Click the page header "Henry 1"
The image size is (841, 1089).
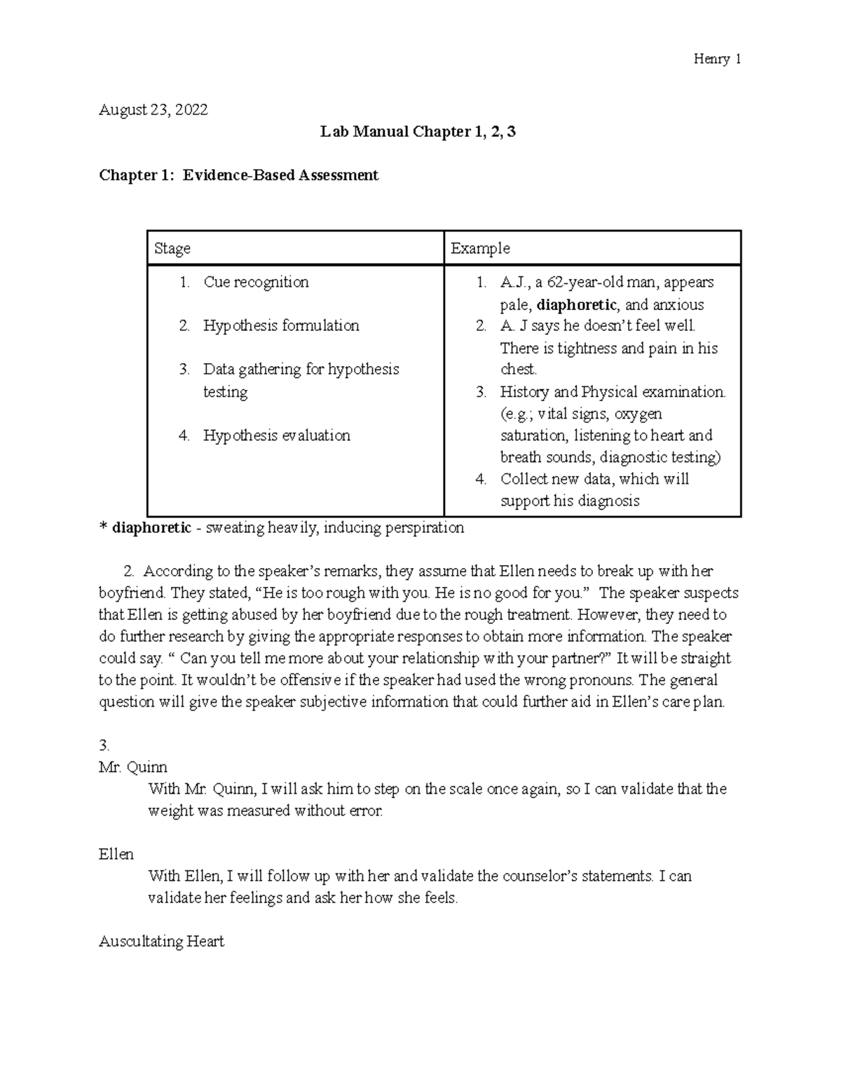[717, 59]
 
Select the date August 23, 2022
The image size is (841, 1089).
[153, 109]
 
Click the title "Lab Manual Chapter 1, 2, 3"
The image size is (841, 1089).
[418, 132]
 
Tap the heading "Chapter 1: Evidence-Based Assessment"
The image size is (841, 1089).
[238, 175]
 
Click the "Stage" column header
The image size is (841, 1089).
[172, 248]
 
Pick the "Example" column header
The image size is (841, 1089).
[480, 248]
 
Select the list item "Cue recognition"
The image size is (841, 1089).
[256, 282]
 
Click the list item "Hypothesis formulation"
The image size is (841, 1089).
[281, 325]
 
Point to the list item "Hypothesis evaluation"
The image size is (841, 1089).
[276, 435]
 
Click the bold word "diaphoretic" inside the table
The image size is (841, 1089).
[576, 304]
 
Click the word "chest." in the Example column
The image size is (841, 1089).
[519, 370]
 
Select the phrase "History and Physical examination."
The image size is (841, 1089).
[613, 391]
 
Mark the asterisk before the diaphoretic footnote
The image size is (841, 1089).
[102, 527]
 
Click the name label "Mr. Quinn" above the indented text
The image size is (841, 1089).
[133, 766]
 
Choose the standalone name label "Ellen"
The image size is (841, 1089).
[116, 854]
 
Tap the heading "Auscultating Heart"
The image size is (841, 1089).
[161, 941]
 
